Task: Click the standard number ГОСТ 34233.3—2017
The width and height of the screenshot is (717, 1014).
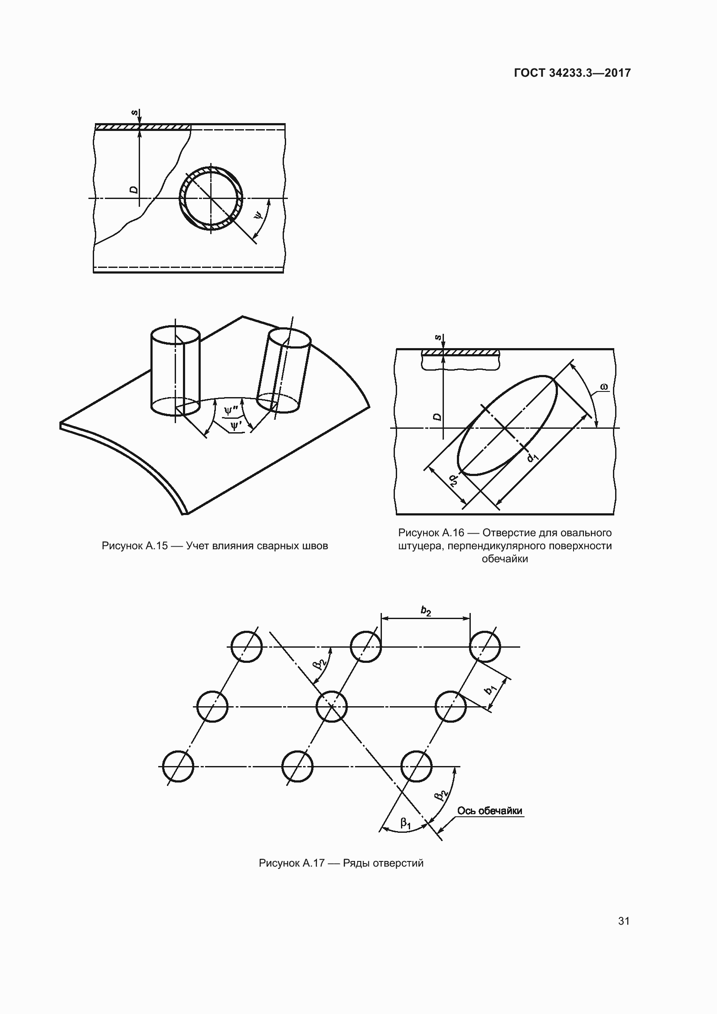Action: [x=572, y=73]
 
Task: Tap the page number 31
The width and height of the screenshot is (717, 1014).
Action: [x=624, y=921]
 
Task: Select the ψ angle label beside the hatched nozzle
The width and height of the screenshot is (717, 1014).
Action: [x=259, y=215]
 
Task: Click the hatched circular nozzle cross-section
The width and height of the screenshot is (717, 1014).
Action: [x=211, y=198]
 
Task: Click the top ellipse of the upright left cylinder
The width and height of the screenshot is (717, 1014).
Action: [x=176, y=334]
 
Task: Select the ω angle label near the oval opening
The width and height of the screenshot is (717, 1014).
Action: [x=604, y=387]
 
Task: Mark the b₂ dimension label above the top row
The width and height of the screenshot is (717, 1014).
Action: [x=426, y=611]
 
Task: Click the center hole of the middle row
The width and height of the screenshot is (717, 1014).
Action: [x=332, y=707]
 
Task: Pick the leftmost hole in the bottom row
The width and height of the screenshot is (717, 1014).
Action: [x=178, y=766]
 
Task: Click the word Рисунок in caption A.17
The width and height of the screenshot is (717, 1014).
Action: [x=280, y=863]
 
